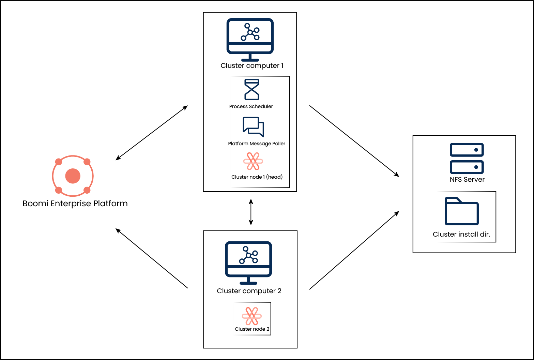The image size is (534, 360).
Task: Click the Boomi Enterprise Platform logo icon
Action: point(73,176)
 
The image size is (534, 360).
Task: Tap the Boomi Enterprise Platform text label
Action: point(75,204)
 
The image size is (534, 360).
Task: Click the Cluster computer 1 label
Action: point(252,66)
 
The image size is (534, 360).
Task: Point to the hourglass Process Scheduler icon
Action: point(252,89)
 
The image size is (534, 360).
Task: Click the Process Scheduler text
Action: point(251,106)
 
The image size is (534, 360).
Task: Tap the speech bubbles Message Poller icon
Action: point(253,126)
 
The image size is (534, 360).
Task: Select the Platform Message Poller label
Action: point(257,144)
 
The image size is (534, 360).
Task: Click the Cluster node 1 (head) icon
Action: point(253,161)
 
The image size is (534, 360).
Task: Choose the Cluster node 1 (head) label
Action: point(257,177)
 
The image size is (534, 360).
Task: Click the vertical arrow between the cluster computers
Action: point(251,212)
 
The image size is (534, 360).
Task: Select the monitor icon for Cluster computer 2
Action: point(248,262)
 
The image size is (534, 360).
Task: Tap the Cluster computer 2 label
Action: point(249,291)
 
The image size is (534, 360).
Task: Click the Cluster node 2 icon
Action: point(252,316)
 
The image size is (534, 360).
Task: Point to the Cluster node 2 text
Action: point(252,329)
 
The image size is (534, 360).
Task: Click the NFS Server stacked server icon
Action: point(467,158)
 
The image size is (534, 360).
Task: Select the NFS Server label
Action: point(467,180)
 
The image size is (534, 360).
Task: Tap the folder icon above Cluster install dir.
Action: point(462,211)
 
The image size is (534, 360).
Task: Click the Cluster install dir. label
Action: point(461,234)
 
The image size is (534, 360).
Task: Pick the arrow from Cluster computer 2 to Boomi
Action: point(152,258)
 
